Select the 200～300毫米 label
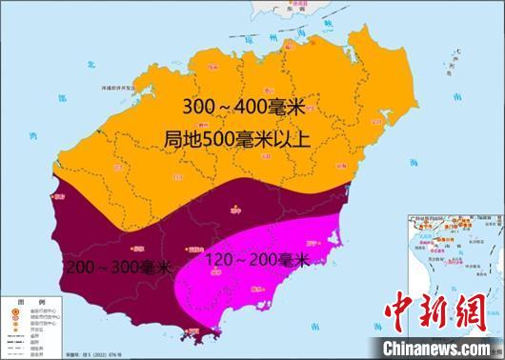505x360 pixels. click(115, 268)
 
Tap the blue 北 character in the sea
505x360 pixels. click(91, 63)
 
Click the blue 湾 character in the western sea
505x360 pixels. click(30, 136)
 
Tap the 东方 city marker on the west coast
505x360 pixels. click(57, 197)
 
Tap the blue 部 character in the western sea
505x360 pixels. click(59, 99)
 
